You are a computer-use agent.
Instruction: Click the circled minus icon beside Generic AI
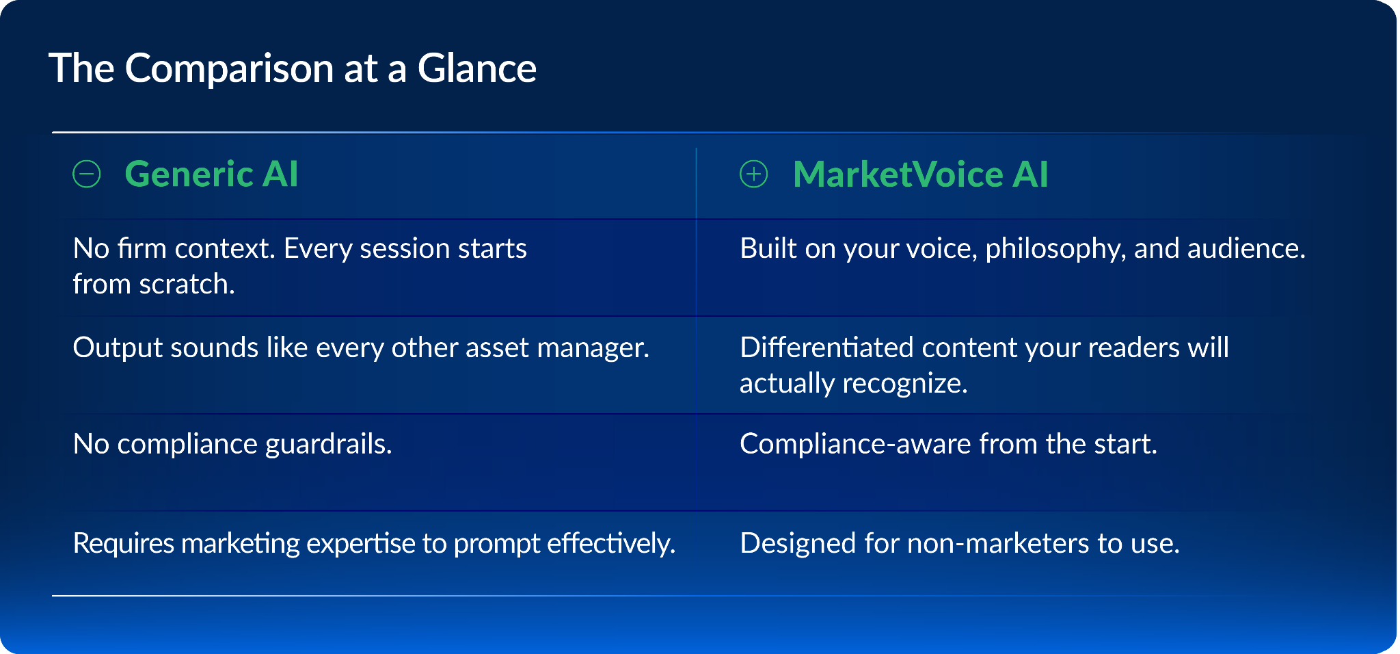pos(87,174)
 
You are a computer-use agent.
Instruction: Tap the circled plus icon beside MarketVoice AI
pos(754,174)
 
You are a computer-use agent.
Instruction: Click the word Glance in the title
pos(477,68)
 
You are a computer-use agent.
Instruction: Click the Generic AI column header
pos(211,174)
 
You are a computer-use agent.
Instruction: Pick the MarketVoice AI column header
pos(920,174)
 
